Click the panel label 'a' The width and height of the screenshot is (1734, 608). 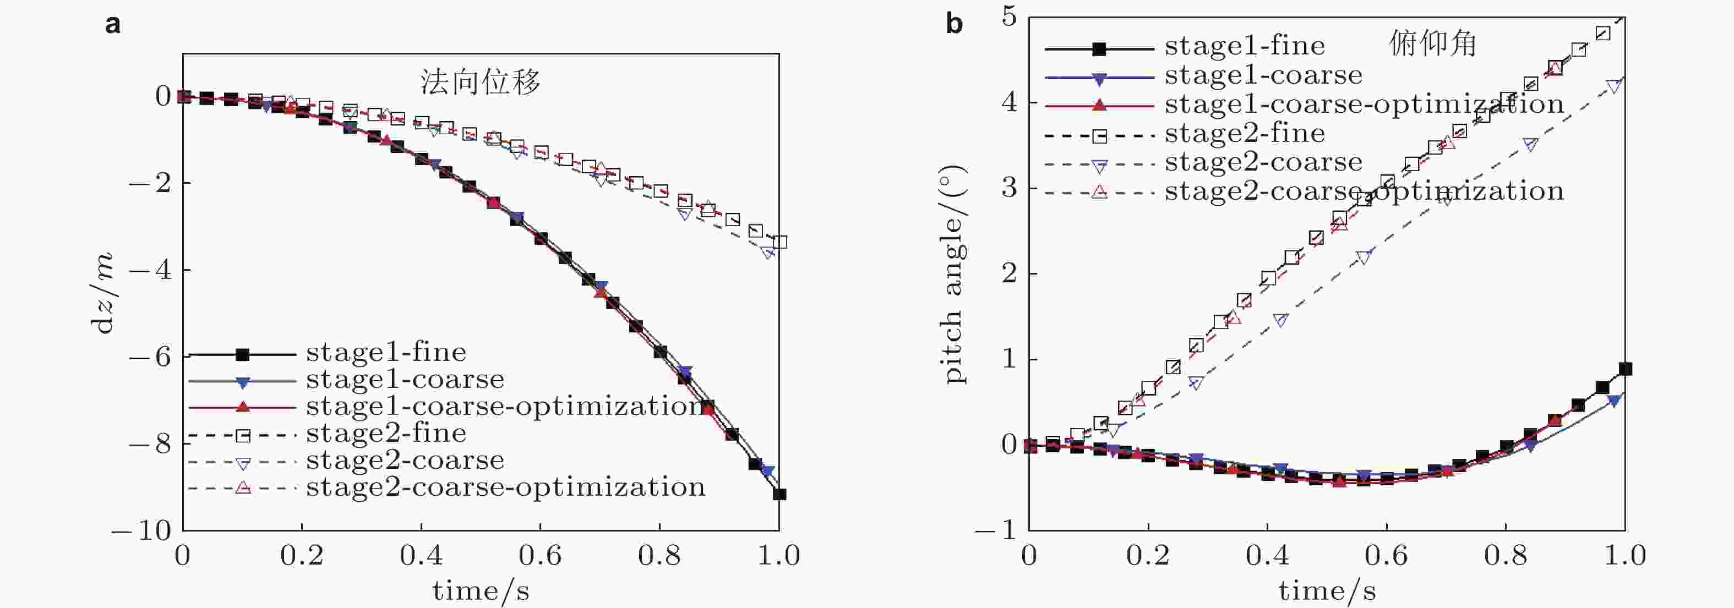click(113, 24)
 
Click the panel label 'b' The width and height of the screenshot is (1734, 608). click(954, 24)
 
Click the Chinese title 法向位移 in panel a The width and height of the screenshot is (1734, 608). click(480, 82)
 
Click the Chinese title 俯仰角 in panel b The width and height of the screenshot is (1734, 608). click(1433, 45)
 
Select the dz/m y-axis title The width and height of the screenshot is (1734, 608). click(103, 293)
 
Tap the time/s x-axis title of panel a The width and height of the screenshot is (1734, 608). click(481, 590)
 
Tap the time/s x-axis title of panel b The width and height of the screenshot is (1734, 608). click(1327, 590)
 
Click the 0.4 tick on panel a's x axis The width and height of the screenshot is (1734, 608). click(421, 556)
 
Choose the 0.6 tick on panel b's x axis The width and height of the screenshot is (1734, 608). click(1386, 556)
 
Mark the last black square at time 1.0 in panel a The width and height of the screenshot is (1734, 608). click(779, 494)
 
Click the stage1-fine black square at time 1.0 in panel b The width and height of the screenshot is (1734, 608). click(1625, 369)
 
